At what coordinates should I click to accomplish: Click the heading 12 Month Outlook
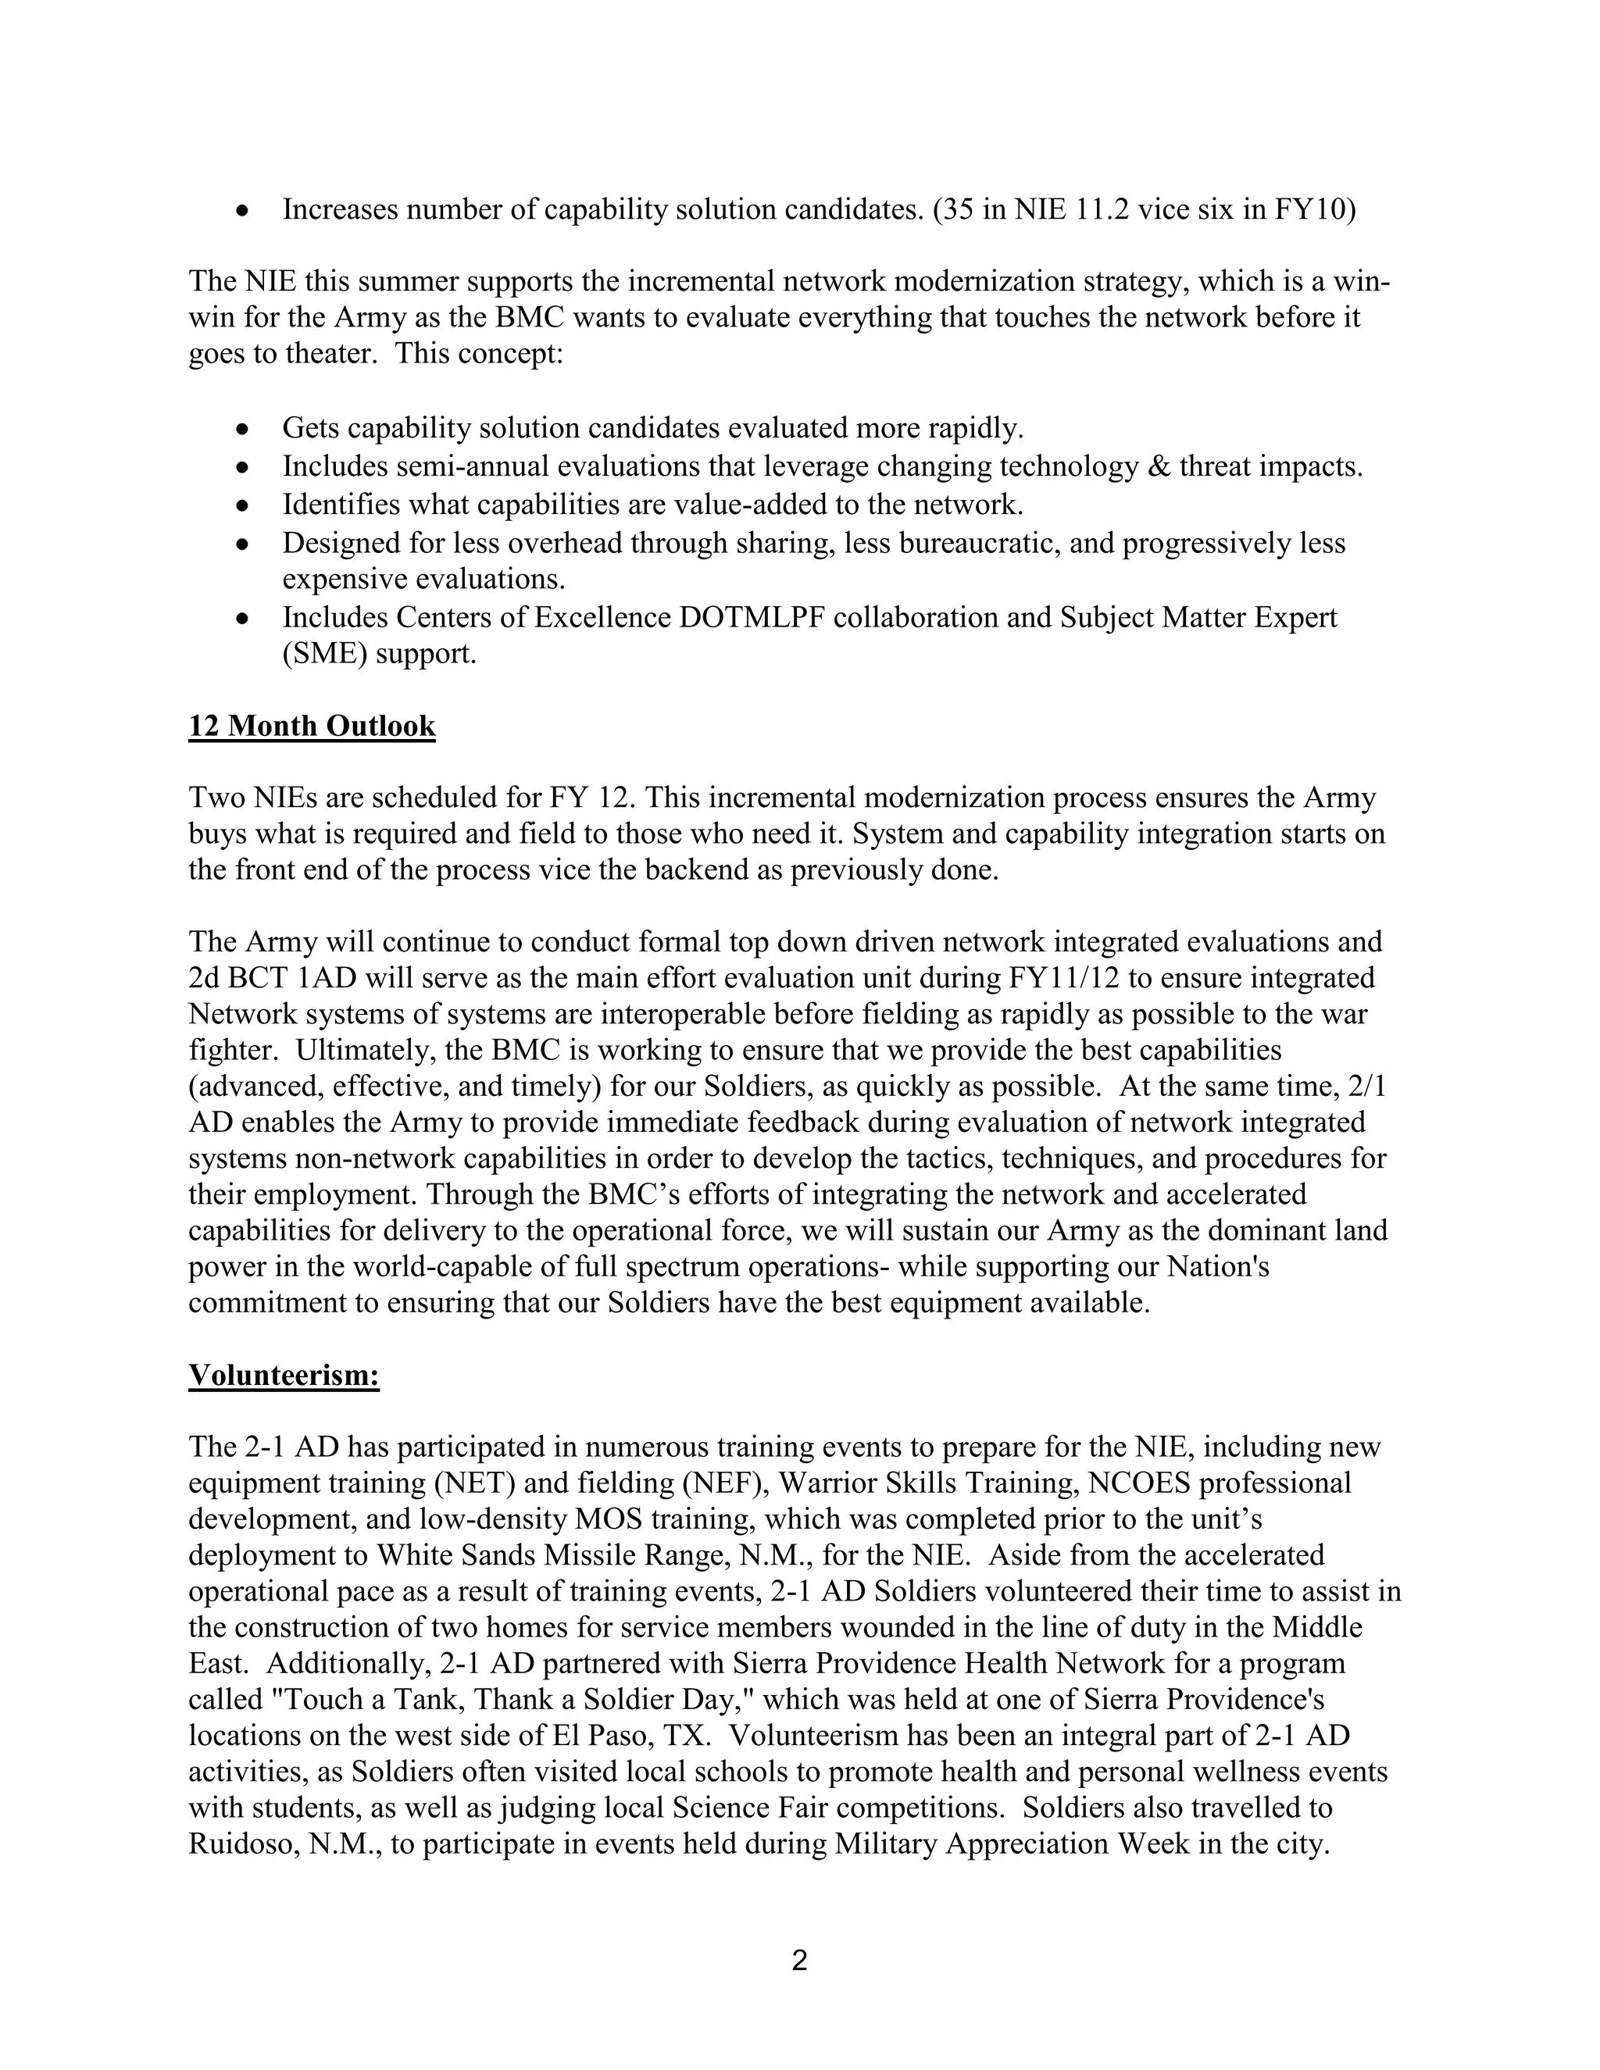pyautogui.click(x=312, y=726)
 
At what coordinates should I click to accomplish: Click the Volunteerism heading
pyautogui.click(x=284, y=1376)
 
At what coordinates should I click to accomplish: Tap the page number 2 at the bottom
pyautogui.click(x=799, y=1961)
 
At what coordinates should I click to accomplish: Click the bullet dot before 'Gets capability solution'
pyautogui.click(x=244, y=430)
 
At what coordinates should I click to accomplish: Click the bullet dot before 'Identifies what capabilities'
pyautogui.click(x=244, y=505)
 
